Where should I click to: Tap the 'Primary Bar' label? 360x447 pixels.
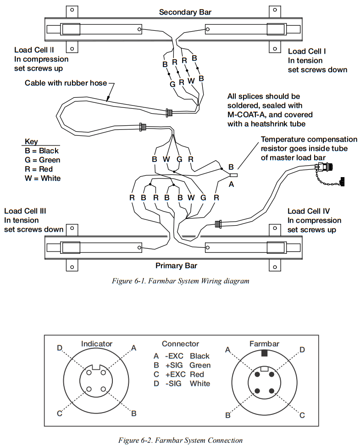pos(176,266)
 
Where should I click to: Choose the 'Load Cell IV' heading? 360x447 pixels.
pos(309,211)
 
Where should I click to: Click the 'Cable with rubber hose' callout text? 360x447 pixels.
pos(66,83)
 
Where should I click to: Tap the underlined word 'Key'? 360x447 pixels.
pos(31,142)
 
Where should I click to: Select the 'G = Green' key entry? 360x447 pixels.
pos(43,160)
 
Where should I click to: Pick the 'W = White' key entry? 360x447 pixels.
pos(42,178)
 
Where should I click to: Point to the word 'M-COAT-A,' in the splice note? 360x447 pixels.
pos(249,114)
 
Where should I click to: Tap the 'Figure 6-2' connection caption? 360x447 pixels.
pos(180,441)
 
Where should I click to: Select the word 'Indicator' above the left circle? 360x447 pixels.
pos(96,344)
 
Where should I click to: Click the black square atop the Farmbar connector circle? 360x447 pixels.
pos(264,353)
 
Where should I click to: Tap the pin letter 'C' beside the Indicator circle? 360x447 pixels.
pos(60,413)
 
